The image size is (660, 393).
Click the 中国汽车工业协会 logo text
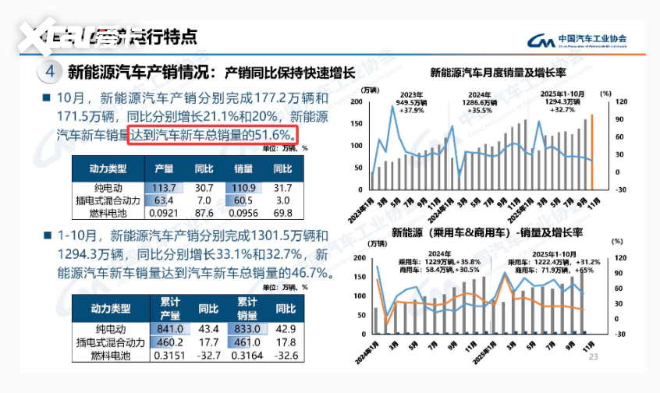tap(592, 38)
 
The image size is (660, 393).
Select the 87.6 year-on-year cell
tap(204, 212)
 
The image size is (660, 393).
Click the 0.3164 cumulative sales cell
tap(247, 356)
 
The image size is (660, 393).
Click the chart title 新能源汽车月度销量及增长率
tap(498, 74)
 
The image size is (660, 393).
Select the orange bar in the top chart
tap(591, 152)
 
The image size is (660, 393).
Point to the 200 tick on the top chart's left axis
tap(356, 102)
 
